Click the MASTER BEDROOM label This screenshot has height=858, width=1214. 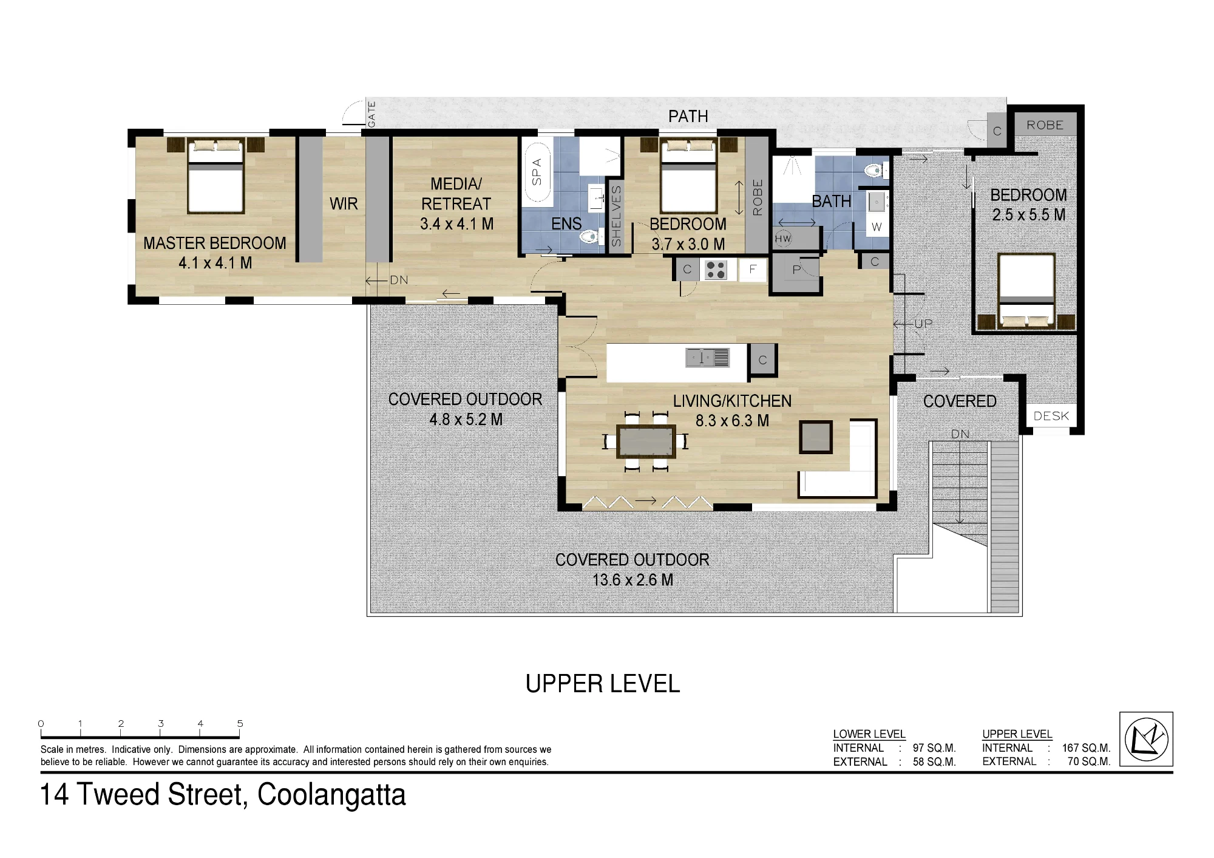[x=214, y=243]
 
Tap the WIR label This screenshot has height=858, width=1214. [x=344, y=204]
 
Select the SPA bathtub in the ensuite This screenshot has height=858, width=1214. [x=537, y=172]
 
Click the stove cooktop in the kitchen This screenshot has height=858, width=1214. [x=716, y=270]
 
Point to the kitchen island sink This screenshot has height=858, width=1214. [x=707, y=358]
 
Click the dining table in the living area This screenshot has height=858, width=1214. [x=646, y=441]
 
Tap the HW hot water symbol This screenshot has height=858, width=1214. [x=783, y=239]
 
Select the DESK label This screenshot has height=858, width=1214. [x=1051, y=416]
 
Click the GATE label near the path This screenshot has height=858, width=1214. [x=371, y=114]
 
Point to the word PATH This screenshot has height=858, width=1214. [x=688, y=116]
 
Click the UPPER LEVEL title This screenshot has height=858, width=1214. [x=603, y=684]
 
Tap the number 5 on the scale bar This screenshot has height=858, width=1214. [x=240, y=723]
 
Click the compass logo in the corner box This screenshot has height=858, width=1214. [x=1146, y=740]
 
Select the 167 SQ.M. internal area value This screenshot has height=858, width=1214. [x=1086, y=748]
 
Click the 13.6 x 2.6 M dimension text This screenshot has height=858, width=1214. [x=632, y=580]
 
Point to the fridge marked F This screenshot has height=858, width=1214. [x=753, y=270]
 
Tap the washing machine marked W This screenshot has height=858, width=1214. [x=877, y=227]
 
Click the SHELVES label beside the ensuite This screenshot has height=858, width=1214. [x=616, y=216]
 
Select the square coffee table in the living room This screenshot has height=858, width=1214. [x=815, y=437]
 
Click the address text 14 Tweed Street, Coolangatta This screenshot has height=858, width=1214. [x=223, y=795]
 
